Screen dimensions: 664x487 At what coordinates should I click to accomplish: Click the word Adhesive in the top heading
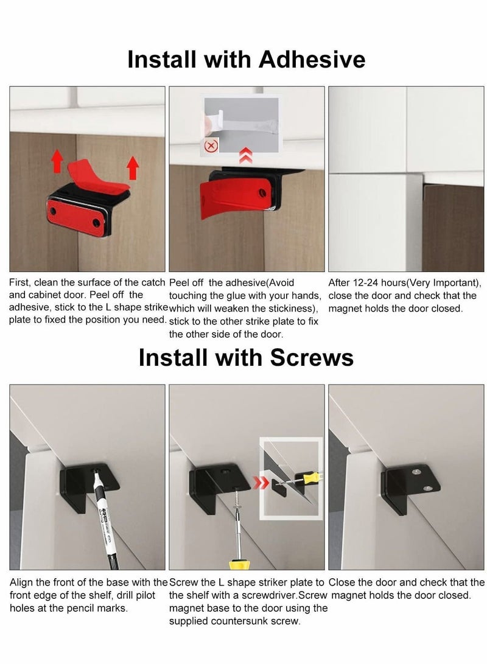(312, 60)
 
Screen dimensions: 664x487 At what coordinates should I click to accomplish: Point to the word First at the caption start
(21, 282)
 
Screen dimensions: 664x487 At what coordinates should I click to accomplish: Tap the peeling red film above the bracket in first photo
(97, 173)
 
